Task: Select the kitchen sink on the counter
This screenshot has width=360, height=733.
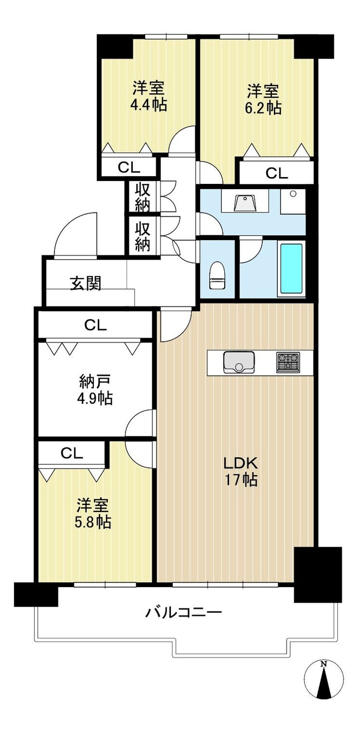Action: click(x=239, y=362)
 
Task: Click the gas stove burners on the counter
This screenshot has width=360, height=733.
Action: click(x=288, y=362)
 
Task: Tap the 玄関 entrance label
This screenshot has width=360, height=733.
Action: click(x=86, y=283)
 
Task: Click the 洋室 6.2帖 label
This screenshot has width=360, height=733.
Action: click(x=263, y=99)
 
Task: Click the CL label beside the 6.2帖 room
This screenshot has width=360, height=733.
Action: click(x=276, y=173)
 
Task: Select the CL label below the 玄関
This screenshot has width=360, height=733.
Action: click(x=95, y=325)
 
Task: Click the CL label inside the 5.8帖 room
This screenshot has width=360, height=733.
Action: click(x=72, y=453)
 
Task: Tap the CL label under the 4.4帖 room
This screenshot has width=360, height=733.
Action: click(x=129, y=168)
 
